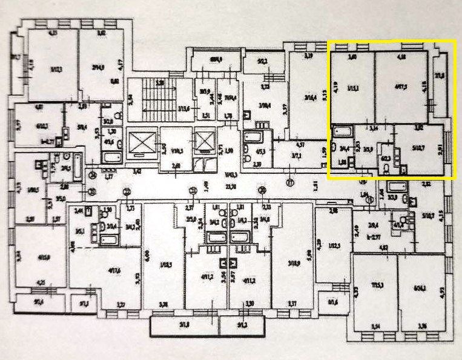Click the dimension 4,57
coord(300,145)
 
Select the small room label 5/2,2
coord(262,61)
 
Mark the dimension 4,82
coord(383,247)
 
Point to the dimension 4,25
coord(42,282)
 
